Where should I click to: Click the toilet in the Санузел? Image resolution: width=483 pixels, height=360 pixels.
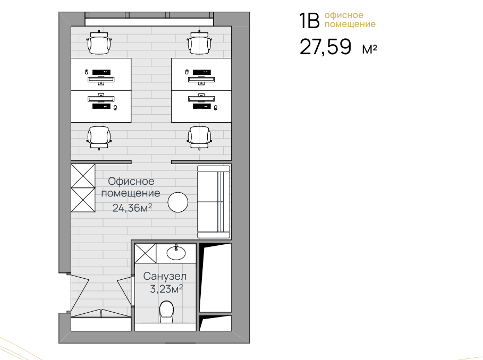point(166,312)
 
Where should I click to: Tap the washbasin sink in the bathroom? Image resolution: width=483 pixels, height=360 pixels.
point(176,253)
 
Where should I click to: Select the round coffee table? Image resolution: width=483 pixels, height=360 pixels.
point(177,202)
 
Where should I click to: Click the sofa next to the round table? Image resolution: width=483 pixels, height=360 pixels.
point(214,202)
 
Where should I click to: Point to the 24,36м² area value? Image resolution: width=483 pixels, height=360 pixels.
point(132,208)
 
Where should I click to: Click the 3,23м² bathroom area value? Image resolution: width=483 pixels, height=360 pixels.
point(166,289)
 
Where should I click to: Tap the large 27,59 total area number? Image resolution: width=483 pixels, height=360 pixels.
point(325,47)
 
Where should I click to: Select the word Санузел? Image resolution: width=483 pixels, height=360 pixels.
point(165,276)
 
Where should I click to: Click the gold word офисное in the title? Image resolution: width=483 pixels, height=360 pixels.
point(344,15)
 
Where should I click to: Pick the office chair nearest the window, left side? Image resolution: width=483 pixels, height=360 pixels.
point(99,42)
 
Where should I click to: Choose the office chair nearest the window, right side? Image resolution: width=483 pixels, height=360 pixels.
point(200,42)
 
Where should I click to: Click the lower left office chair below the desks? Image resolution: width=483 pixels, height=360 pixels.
point(99,138)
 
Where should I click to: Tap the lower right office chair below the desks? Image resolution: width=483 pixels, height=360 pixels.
point(200,138)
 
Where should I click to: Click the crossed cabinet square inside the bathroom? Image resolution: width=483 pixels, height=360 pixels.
point(146,253)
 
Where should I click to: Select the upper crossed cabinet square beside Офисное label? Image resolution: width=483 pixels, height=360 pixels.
point(83,176)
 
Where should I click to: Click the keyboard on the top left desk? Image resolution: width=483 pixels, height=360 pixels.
point(101,72)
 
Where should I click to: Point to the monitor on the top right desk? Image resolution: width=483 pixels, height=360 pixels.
point(201,80)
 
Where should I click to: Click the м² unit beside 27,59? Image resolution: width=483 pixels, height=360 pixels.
point(370,49)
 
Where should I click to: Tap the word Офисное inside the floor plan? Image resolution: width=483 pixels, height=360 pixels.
point(131,181)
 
